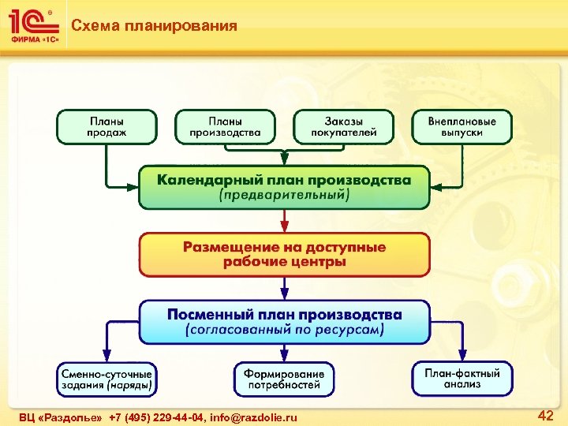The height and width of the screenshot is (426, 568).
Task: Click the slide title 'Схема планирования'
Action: [154, 26]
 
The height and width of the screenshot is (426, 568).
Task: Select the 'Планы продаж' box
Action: [106, 127]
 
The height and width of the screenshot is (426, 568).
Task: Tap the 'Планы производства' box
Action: [225, 127]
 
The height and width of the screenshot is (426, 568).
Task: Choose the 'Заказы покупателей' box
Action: [343, 127]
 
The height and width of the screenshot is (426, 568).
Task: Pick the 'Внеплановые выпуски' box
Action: [461, 127]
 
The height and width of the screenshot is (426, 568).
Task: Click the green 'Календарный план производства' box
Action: [284, 187]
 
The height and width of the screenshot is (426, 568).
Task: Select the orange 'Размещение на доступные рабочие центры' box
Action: [284, 254]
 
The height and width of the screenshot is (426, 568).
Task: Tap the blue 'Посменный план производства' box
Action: [284, 321]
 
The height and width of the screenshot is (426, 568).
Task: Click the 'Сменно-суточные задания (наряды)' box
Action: [106, 379]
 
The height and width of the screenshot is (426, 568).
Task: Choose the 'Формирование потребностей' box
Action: [284, 379]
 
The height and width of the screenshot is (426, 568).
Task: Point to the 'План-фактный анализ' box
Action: [461, 379]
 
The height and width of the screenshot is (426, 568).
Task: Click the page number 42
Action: [545, 415]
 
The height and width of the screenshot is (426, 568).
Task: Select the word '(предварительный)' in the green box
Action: [284, 195]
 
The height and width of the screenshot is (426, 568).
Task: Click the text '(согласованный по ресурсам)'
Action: [284, 330]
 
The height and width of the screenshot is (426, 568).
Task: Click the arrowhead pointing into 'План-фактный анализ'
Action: [462, 357]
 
